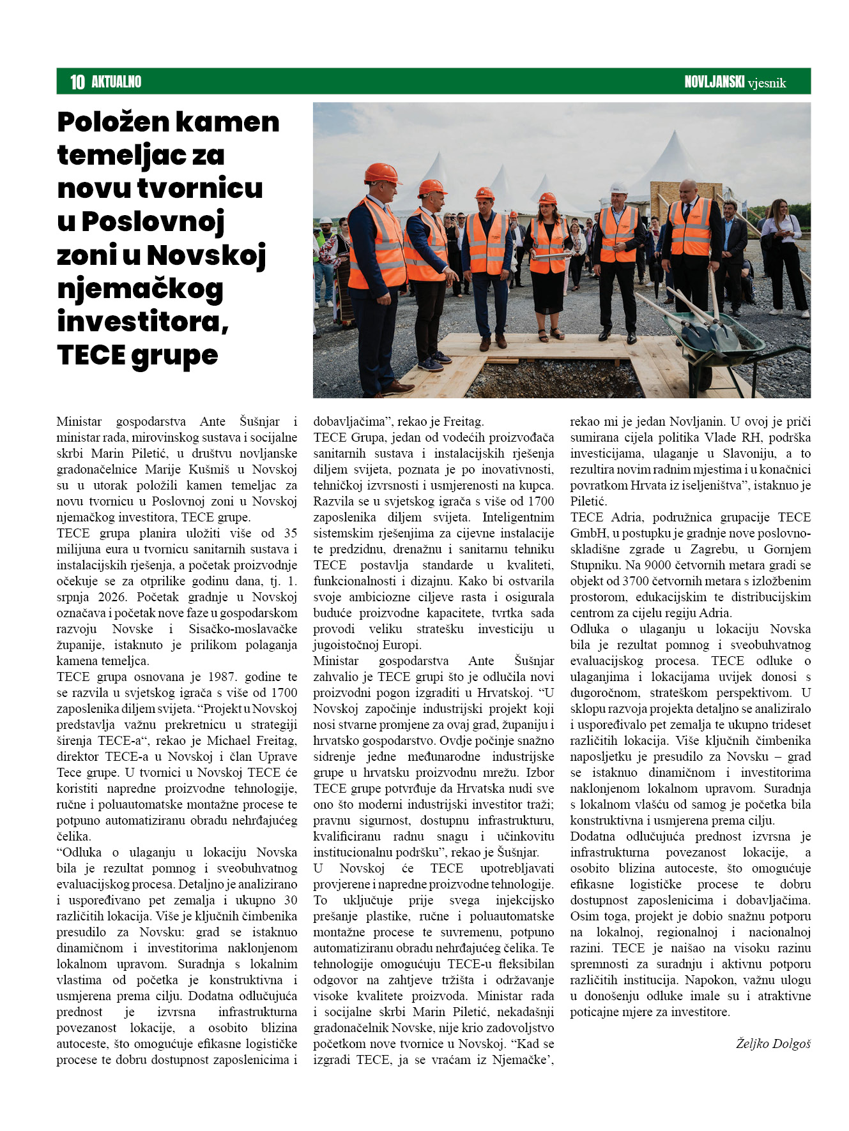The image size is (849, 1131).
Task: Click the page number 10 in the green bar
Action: (77, 82)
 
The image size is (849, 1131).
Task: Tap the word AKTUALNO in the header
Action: (116, 82)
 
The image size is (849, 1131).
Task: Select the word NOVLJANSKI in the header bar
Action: (714, 82)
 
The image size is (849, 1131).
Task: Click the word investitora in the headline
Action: (142, 321)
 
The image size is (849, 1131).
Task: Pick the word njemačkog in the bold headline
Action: (140, 289)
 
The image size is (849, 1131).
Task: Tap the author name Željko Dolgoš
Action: (773, 1044)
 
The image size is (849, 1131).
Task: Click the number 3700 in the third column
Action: (636, 581)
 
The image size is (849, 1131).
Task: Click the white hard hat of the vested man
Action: (618, 188)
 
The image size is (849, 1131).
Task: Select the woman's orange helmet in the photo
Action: (547, 198)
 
